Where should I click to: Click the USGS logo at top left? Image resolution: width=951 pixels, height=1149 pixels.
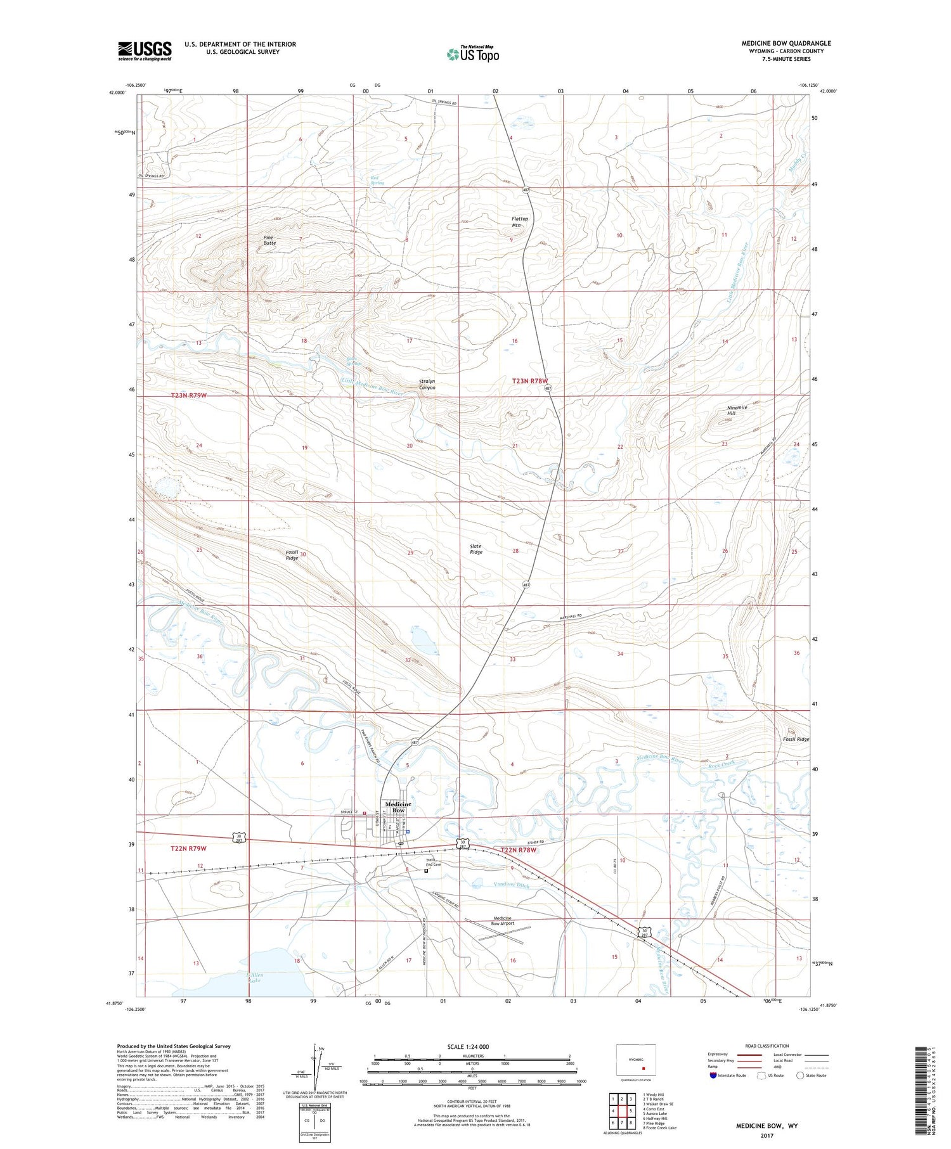pos(145,51)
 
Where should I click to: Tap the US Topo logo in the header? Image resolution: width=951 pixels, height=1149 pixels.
pos(473,54)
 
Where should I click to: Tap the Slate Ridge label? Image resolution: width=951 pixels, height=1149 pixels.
pos(475,549)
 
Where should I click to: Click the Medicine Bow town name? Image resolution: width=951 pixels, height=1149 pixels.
pos(398,807)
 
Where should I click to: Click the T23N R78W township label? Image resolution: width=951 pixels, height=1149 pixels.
pos(529,381)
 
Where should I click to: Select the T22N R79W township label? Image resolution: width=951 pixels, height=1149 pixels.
pos(188,848)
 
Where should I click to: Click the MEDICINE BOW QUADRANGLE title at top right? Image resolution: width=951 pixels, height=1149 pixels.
pos(786,43)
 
